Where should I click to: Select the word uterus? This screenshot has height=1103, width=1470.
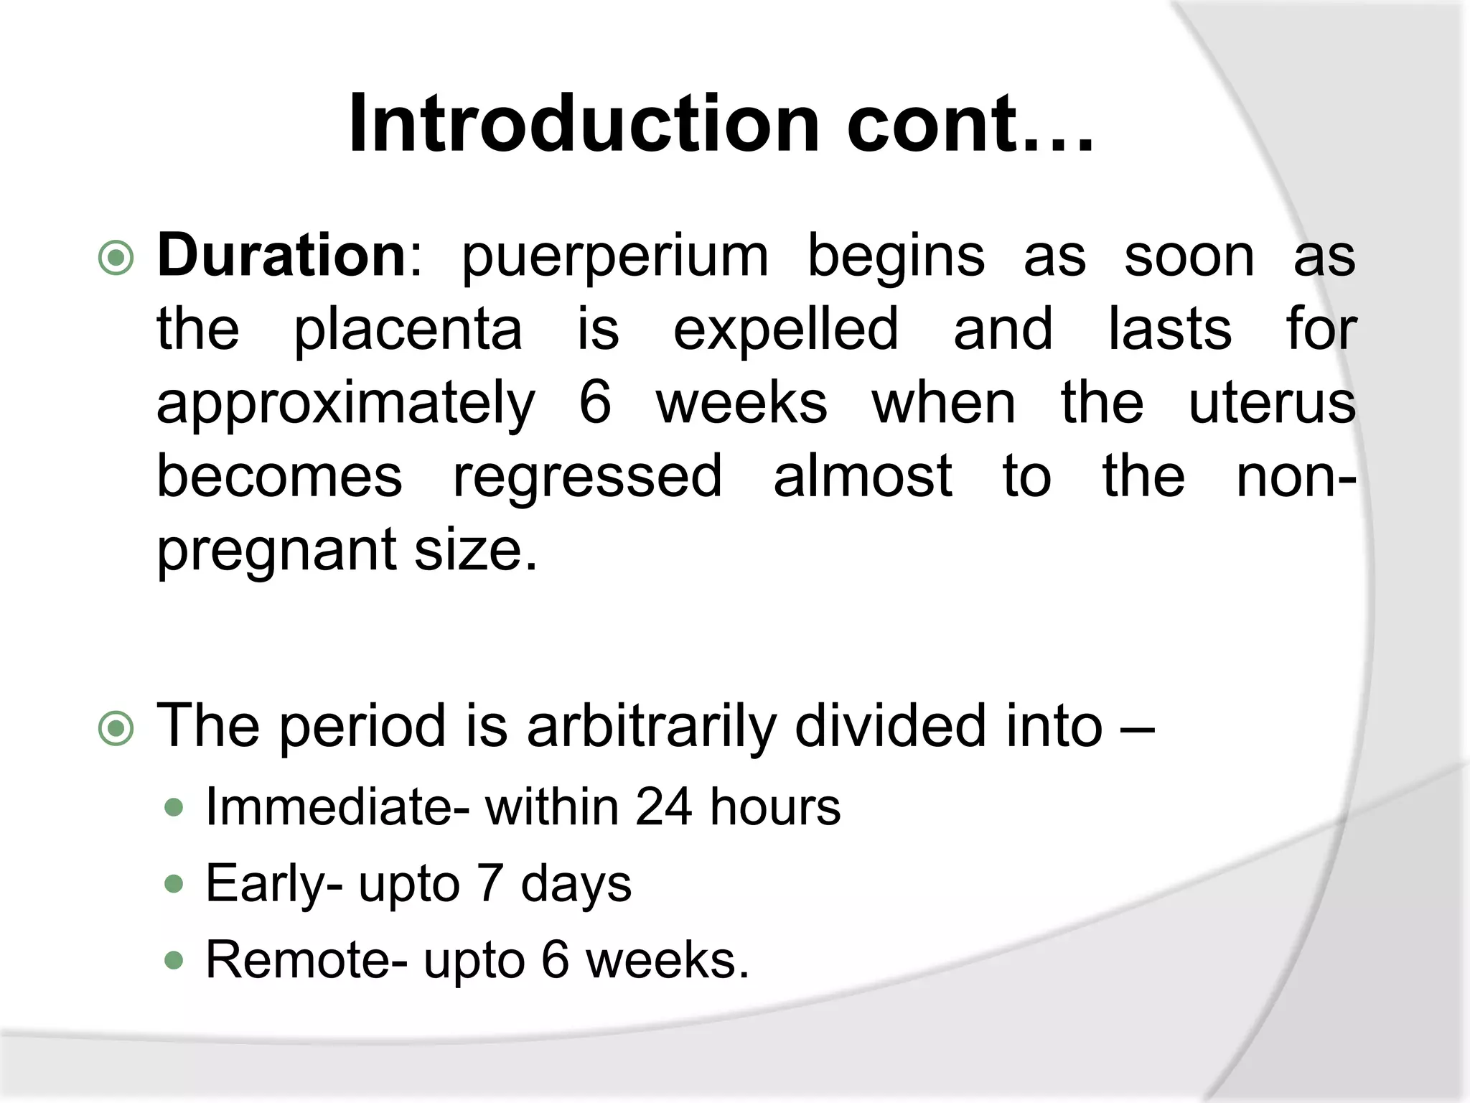(1272, 404)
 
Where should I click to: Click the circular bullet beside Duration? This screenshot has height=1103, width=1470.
(116, 259)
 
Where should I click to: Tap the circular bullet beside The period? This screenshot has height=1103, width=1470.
(116, 729)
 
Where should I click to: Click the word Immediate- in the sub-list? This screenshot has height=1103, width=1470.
(338, 807)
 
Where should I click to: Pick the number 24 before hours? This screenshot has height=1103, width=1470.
(664, 807)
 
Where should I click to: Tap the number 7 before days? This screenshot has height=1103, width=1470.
(490, 883)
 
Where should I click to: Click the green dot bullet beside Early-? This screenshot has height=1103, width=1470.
(174, 884)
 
